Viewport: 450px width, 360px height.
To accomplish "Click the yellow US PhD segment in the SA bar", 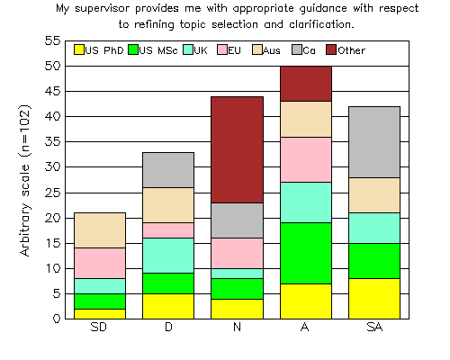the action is [x=374, y=299].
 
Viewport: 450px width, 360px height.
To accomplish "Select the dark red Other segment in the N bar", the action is [x=237, y=150].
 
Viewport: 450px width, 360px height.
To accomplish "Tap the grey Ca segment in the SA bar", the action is [x=374, y=142].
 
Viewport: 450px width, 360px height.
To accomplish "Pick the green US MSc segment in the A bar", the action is [x=306, y=253].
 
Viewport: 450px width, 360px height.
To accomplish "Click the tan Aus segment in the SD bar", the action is [x=100, y=230].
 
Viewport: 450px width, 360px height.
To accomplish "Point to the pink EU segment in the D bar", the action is [x=168, y=230].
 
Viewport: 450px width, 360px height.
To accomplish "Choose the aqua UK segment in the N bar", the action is [x=237, y=274].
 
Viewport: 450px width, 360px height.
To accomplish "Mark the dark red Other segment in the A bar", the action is [x=306, y=84].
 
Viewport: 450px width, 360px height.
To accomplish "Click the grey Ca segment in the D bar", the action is [x=168, y=170].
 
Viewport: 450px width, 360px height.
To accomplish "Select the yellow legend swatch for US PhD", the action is [x=79, y=49].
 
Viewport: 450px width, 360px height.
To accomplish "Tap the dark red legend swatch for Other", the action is [x=331, y=49].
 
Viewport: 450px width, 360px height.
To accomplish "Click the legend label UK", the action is [x=201, y=50].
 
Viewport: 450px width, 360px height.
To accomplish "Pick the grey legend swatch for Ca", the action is [x=297, y=49].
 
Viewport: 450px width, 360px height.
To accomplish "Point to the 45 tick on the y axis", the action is [x=66, y=91].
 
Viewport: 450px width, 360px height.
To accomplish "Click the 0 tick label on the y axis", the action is [x=57, y=319].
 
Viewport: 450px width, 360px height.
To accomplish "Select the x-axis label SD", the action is [x=99, y=327].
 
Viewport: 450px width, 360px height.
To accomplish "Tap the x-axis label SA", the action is [x=374, y=327].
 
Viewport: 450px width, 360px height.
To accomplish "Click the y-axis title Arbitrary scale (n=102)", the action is [x=25, y=180].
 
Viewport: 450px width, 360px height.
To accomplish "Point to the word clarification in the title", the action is [x=321, y=24].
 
